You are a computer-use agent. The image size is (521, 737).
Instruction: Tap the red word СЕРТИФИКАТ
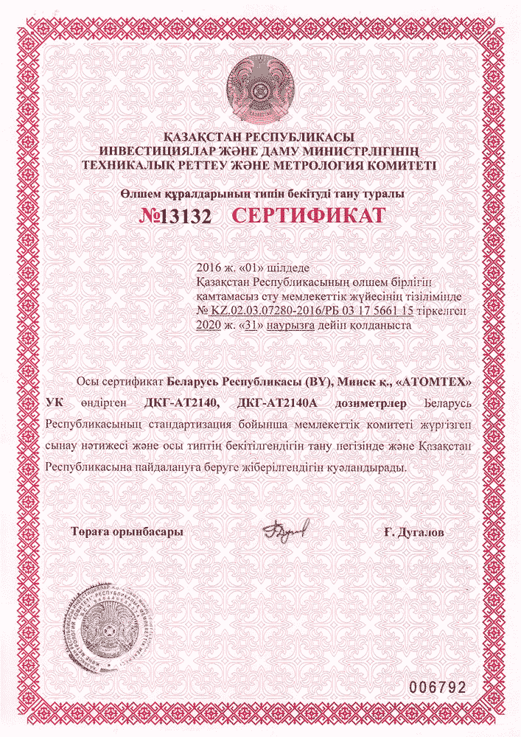pyautogui.click(x=310, y=215)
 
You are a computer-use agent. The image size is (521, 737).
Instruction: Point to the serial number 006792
pyautogui.click(x=438, y=687)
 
